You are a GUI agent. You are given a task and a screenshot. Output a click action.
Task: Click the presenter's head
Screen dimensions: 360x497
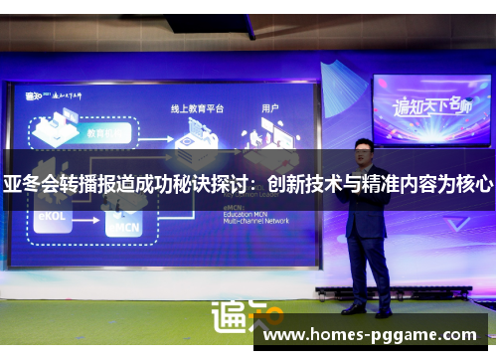(x=364, y=152)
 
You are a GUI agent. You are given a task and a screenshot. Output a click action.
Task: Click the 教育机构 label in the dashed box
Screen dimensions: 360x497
(x=104, y=130)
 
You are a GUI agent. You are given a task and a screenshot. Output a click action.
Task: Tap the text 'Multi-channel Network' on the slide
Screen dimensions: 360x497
(x=256, y=220)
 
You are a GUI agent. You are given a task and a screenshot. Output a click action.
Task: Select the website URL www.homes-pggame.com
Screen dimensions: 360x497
(x=370, y=335)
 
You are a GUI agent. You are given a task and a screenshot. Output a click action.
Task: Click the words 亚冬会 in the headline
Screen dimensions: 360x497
(x=30, y=185)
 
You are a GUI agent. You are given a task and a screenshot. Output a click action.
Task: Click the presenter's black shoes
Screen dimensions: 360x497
(x=367, y=309)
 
